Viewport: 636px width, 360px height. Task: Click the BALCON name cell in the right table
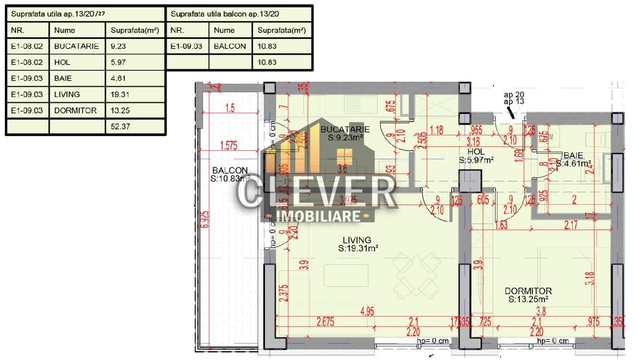pyautogui.click(x=230, y=46)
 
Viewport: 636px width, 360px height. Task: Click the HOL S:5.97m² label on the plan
pyautogui.click(x=476, y=155)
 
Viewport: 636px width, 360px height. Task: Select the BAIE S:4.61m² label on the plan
pyautogui.click(x=573, y=159)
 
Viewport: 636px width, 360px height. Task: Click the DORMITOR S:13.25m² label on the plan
pyautogui.click(x=528, y=295)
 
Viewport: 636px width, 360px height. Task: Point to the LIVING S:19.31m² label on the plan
pyautogui.click(x=357, y=243)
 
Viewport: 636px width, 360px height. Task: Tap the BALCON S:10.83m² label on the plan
pyautogui.click(x=230, y=174)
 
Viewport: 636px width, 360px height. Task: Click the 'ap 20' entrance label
pyautogui.click(x=513, y=94)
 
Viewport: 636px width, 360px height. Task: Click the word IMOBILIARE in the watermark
pyautogui.click(x=318, y=216)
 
